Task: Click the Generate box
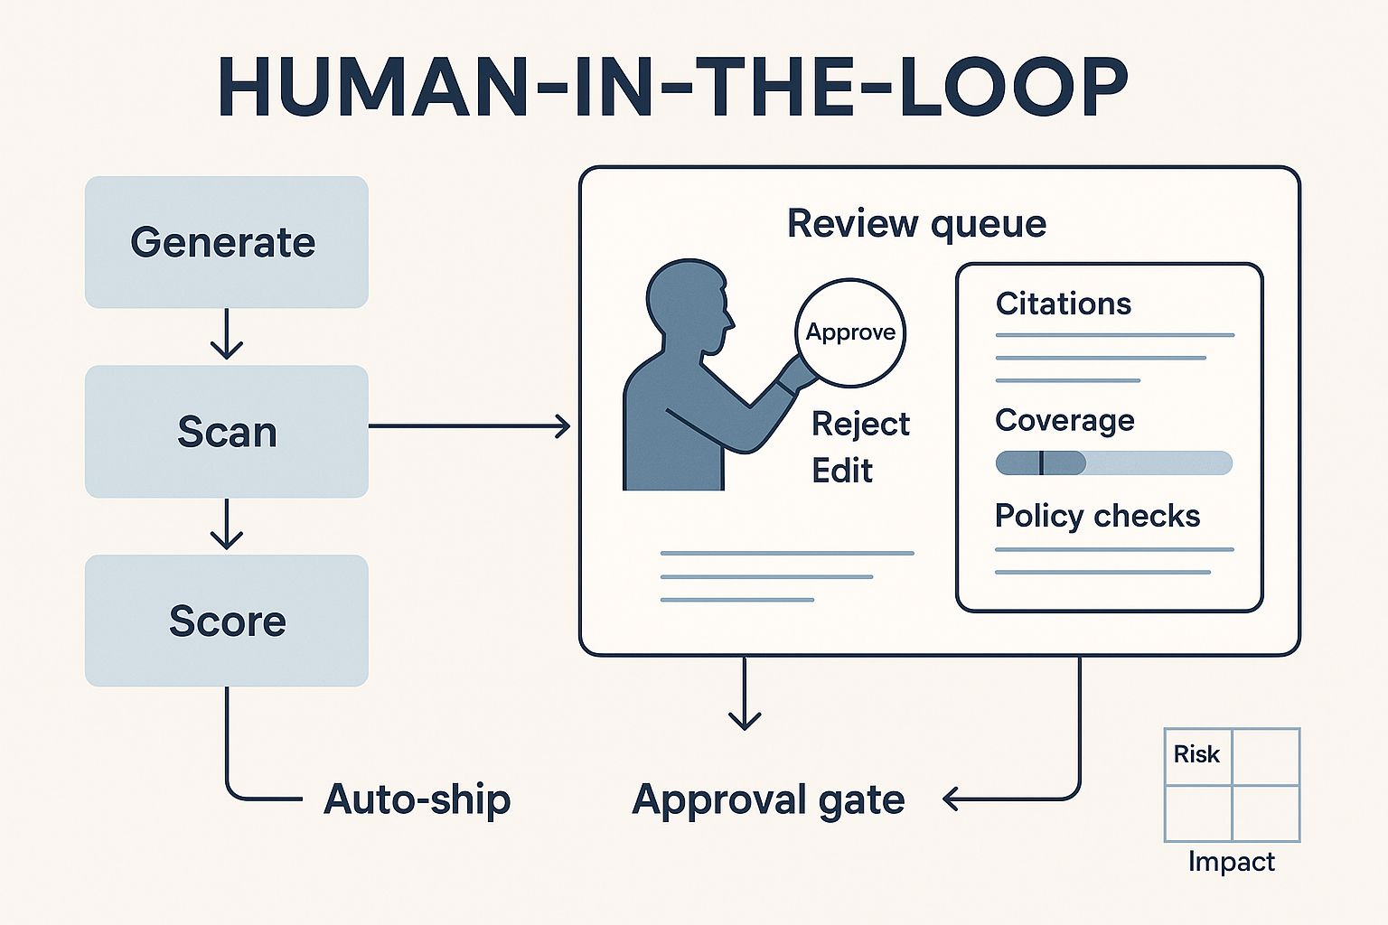click(226, 242)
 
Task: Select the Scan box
click(226, 432)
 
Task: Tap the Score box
click(226, 621)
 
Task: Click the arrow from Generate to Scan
click(226, 335)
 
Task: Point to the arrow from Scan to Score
click(226, 525)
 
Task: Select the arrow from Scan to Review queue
click(470, 425)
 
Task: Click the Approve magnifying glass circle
click(850, 332)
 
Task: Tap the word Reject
click(860, 424)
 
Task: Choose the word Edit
click(842, 471)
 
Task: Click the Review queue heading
click(916, 223)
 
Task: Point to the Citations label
click(1063, 304)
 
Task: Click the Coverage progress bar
click(1113, 463)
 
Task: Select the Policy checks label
click(1097, 516)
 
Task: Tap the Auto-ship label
click(417, 799)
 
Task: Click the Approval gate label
click(768, 799)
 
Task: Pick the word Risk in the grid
click(1196, 754)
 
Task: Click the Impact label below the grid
click(1231, 862)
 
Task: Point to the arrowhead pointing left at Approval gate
click(951, 799)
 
